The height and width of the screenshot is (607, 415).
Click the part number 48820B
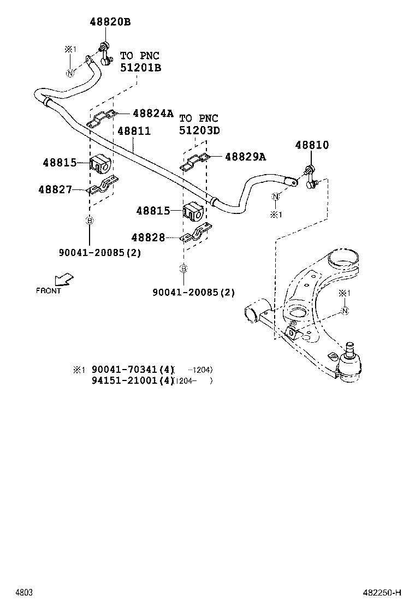click(110, 22)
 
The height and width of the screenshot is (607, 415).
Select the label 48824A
click(152, 114)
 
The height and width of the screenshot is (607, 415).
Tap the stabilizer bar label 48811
click(134, 132)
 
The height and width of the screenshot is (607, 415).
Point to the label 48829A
click(245, 157)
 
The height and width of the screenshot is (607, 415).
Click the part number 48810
click(312, 145)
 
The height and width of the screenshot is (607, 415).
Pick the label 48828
click(148, 237)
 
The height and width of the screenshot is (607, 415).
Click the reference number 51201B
click(140, 67)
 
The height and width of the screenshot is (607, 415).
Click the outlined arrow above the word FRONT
click(66, 279)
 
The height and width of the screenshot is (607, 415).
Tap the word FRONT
click(49, 291)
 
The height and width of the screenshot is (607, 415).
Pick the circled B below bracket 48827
click(89, 221)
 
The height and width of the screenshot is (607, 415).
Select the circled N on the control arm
click(345, 311)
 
